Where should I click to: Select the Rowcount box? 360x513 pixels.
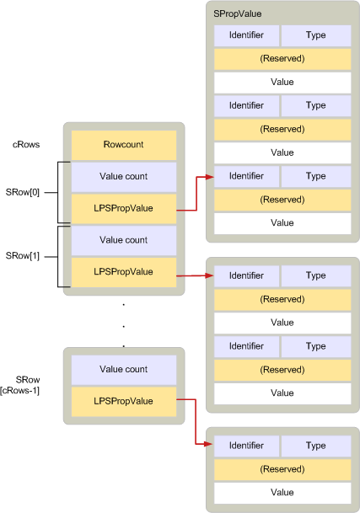click(x=124, y=145)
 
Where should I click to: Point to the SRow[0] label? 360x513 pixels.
click(x=22, y=192)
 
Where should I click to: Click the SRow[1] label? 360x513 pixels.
click(x=22, y=255)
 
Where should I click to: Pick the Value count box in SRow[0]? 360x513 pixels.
click(x=124, y=177)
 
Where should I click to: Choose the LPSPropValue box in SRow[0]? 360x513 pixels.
click(x=124, y=208)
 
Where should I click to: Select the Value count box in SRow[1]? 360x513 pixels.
click(x=124, y=240)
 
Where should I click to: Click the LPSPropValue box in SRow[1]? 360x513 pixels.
click(x=124, y=272)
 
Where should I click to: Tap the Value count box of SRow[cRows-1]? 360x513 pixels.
click(x=124, y=370)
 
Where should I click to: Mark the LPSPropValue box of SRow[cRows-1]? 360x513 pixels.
click(x=124, y=401)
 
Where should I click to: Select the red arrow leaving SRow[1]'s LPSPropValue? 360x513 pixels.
click(x=195, y=275)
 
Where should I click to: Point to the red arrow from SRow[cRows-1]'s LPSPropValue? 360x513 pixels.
click(x=195, y=421)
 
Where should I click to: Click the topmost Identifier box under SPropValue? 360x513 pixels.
click(x=246, y=35)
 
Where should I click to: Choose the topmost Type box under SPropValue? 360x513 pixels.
click(x=316, y=35)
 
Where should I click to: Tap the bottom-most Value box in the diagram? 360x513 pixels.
click(x=282, y=493)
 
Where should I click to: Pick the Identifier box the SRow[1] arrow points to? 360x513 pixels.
click(x=246, y=275)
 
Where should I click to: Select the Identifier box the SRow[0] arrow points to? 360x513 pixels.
click(x=246, y=177)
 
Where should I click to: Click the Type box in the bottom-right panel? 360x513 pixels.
click(x=316, y=446)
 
